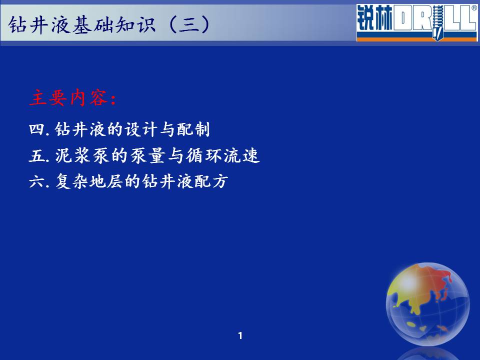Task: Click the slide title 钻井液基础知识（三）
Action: pos(109,24)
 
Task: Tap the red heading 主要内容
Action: pos(72,98)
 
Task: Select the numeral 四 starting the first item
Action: pos(36,129)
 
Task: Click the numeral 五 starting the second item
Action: pos(36,155)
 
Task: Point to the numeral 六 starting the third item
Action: pos(36,181)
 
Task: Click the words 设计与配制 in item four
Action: pos(167,129)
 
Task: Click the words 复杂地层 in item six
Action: pos(89,181)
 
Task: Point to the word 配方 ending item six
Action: pos(211,181)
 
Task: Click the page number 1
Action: pos(240,336)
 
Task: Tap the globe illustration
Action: pos(427,304)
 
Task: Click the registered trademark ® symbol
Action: pos(474,8)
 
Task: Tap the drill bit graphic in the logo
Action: pos(437,22)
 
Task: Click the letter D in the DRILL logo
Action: pos(403,18)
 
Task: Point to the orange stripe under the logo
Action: pos(417,39)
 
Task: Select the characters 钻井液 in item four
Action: pos(80,129)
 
